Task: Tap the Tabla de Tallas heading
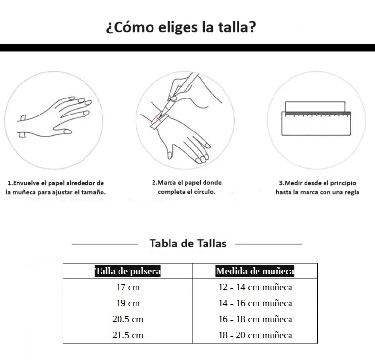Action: [x=188, y=244]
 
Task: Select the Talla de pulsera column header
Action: [x=128, y=271]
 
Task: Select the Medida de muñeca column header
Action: [x=255, y=271]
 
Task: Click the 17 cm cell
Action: [x=128, y=287]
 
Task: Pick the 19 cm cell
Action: [x=128, y=303]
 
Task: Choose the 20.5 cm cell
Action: [x=128, y=319]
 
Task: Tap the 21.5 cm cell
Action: [x=128, y=335]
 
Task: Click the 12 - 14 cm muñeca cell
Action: [x=255, y=287]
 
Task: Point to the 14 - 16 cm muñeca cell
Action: [x=255, y=303]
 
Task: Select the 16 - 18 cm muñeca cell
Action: [x=255, y=319]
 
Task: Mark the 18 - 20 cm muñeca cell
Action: [x=255, y=335]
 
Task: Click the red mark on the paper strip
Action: [x=158, y=119]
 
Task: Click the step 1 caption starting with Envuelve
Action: [x=56, y=188]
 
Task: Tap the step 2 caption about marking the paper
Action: [x=187, y=187]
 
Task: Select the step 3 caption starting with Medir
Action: [x=317, y=188]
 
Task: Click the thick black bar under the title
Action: [x=187, y=48]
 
